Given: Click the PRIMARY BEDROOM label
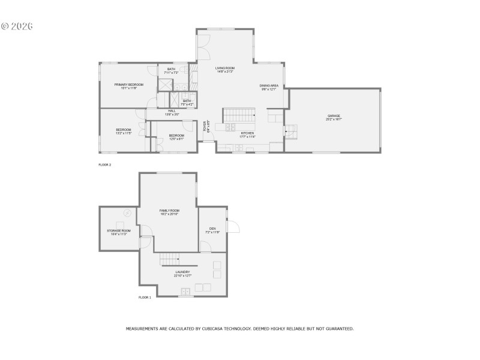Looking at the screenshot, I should [x=129, y=85].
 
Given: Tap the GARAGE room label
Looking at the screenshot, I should [x=334, y=116].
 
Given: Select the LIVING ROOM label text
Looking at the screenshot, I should [x=225, y=68].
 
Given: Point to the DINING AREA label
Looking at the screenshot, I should [x=269, y=86].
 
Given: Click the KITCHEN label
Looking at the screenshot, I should [x=247, y=133].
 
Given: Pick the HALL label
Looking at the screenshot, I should [x=172, y=111].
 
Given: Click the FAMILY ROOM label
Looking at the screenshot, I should [x=169, y=211].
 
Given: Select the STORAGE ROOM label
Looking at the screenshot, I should [x=118, y=231].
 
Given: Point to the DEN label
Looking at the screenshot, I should [x=212, y=229].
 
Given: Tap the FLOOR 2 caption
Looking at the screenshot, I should [x=105, y=164].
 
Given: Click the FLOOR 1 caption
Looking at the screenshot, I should [x=145, y=297].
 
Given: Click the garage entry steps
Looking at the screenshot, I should [x=290, y=128].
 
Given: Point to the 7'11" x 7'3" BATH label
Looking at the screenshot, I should [x=172, y=70].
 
